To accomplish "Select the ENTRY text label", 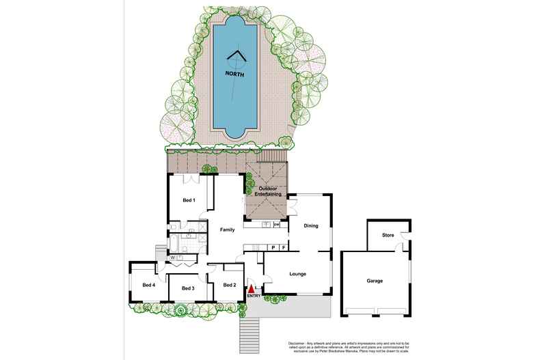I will [x=253, y=295].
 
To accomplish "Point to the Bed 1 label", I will [x=189, y=200].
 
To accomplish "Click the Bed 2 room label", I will [x=230, y=285].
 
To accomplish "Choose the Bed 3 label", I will [x=189, y=289].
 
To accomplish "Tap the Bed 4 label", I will [x=149, y=285].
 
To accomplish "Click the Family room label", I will [x=227, y=230].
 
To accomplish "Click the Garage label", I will [x=374, y=281].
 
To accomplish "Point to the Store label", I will [x=388, y=236].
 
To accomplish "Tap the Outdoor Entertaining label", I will [x=267, y=191].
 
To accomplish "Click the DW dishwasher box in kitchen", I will [x=276, y=225].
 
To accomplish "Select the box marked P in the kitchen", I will [x=273, y=247].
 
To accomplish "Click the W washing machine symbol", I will [x=173, y=258].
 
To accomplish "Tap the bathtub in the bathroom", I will [x=174, y=243].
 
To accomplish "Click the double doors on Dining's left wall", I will [x=291, y=204].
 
